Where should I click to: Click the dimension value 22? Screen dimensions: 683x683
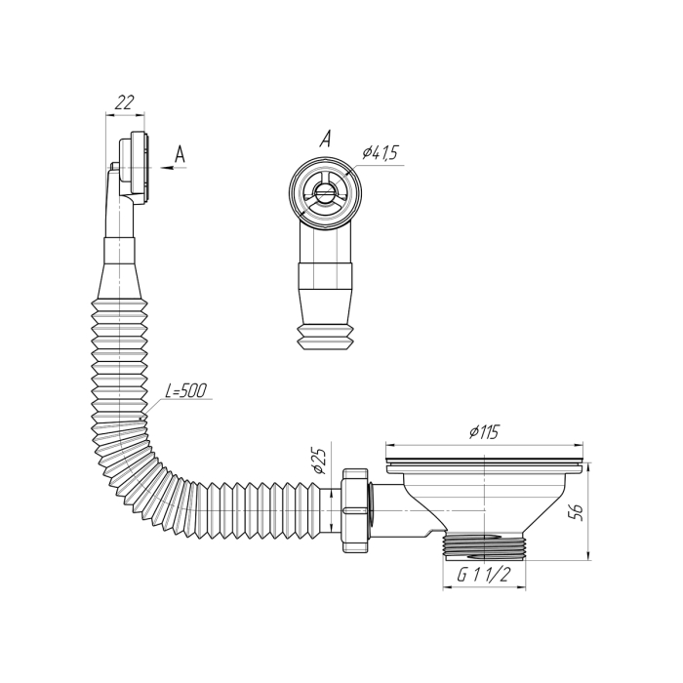[125, 103]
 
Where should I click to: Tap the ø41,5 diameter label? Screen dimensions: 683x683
[381, 153]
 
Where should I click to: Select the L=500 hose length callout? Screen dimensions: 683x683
[186, 390]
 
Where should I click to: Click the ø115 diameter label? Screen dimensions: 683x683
[484, 432]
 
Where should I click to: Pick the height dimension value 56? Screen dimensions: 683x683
[576, 511]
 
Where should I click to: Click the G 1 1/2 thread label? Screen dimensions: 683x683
[484, 576]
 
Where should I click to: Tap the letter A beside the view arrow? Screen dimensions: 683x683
[181, 154]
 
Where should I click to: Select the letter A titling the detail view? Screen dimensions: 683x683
[325, 139]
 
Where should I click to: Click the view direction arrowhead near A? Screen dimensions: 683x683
[167, 167]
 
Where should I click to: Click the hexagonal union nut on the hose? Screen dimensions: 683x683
[356, 510]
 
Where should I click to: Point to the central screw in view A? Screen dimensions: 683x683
[324, 190]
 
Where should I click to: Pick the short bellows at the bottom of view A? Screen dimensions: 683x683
[325, 336]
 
